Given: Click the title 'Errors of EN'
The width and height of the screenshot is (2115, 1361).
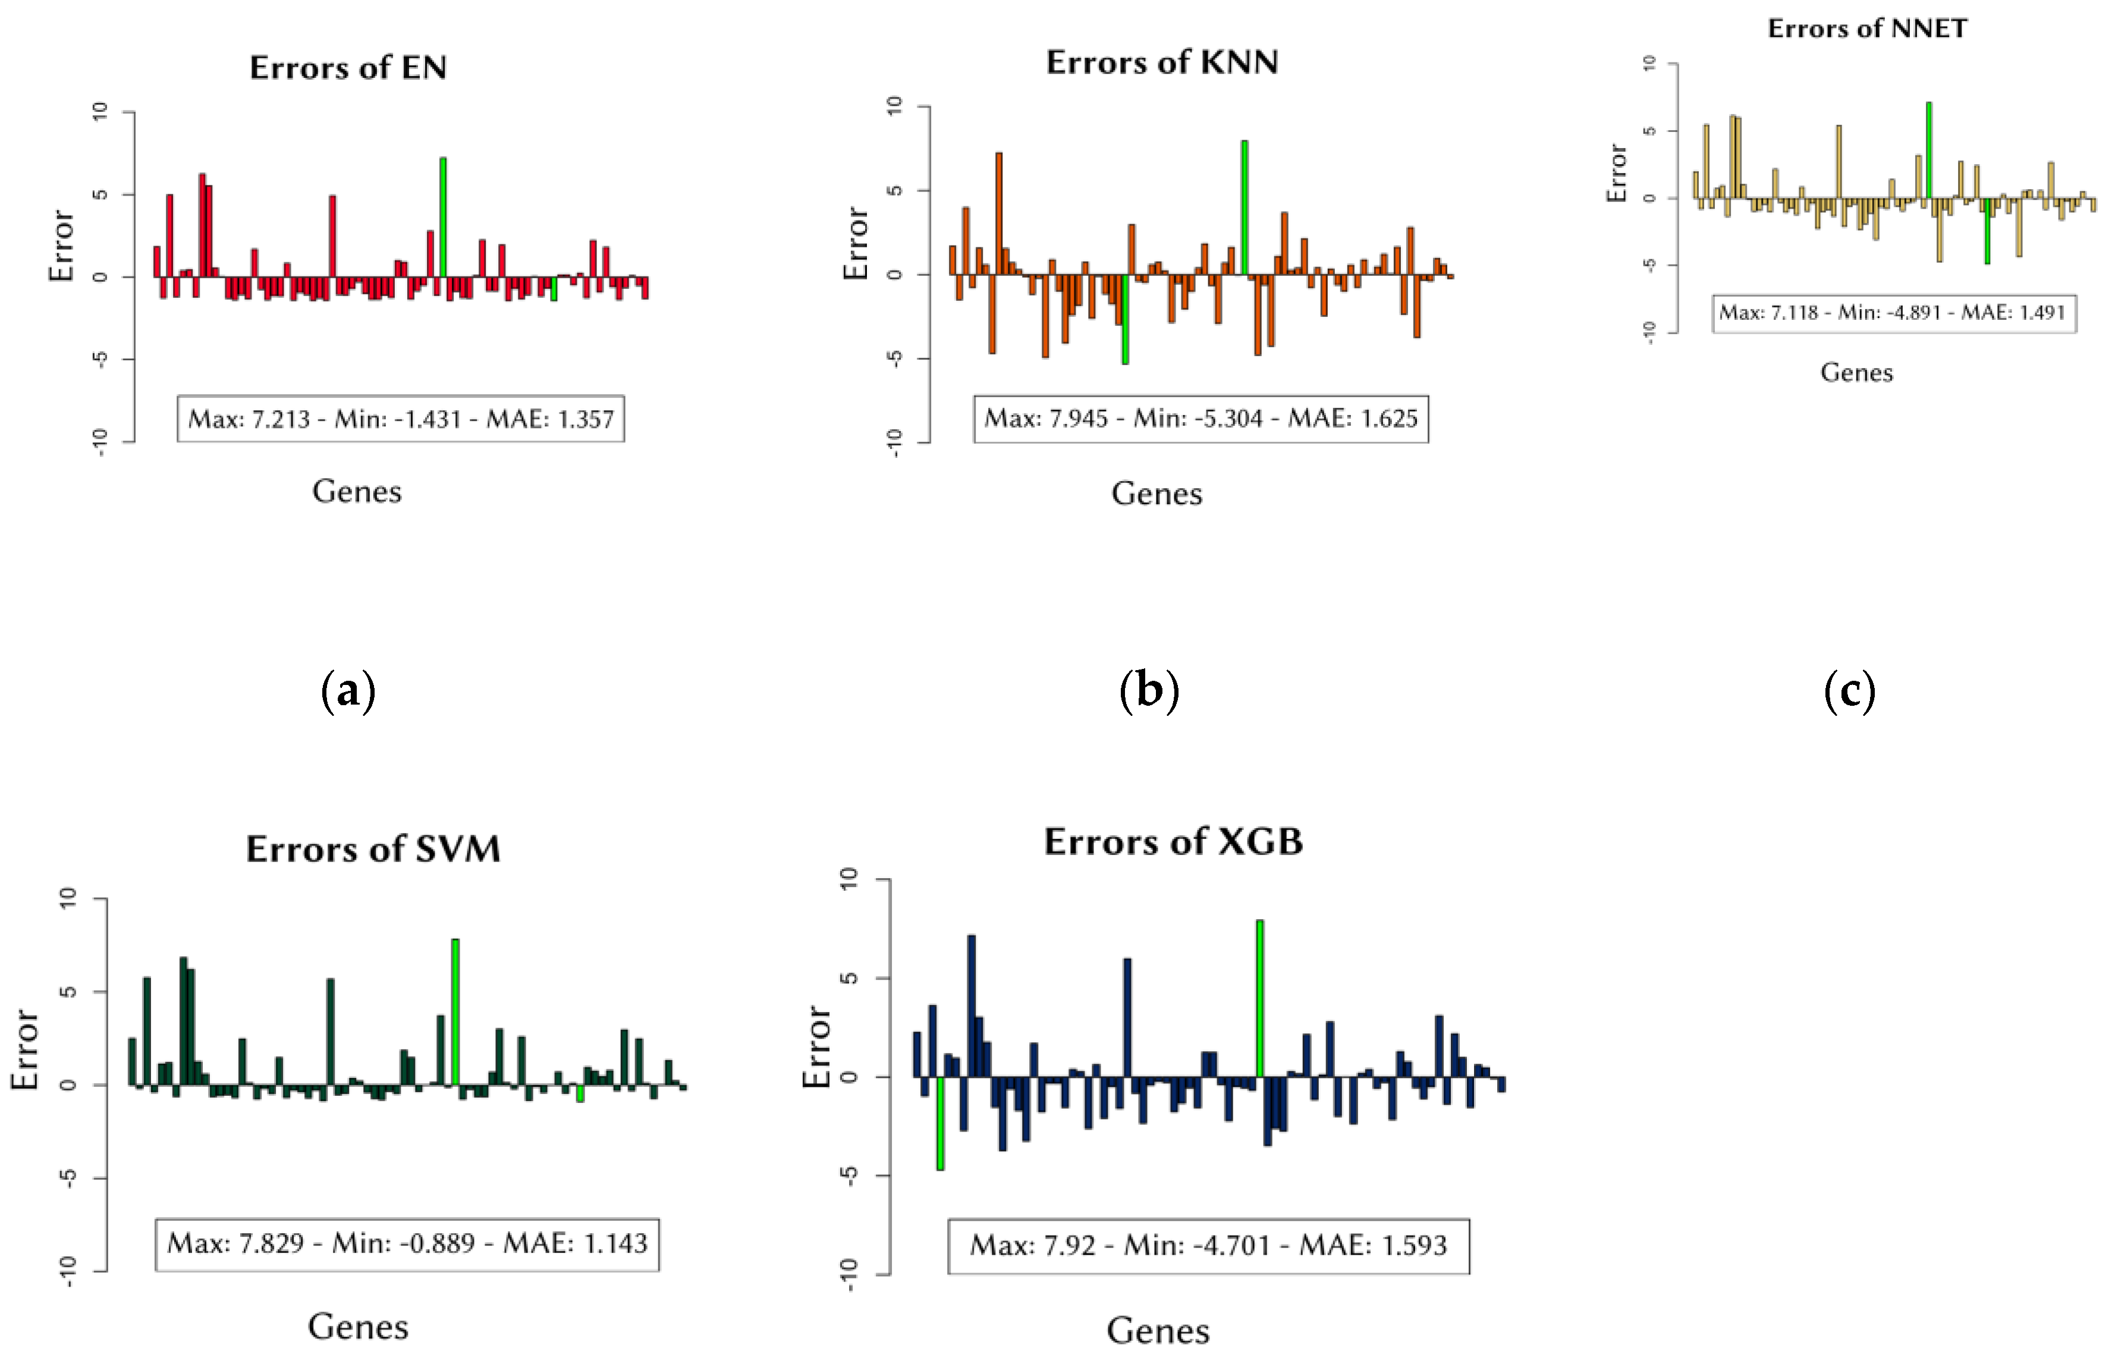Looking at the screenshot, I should (x=348, y=68).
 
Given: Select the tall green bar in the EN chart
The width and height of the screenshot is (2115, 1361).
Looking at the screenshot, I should (x=443, y=216).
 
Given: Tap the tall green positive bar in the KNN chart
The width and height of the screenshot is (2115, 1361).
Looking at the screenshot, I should (x=1245, y=208).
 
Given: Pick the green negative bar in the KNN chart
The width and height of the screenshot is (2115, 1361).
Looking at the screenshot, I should (x=1125, y=320).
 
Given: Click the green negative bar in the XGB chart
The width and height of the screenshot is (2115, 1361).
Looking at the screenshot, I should (x=941, y=1123).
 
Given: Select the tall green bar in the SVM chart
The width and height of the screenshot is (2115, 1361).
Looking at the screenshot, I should (x=455, y=1012).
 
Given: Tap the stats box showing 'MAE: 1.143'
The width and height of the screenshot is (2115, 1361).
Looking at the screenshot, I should (x=407, y=1244).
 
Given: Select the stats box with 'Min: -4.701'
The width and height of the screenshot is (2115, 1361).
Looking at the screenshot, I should (x=1208, y=1246).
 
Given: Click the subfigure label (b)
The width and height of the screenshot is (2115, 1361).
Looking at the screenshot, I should (x=1149, y=690).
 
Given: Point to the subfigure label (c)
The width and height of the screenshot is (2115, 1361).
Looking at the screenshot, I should (x=1849, y=690).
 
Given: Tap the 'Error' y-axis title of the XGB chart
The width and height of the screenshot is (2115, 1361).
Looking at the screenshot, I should (x=816, y=1046).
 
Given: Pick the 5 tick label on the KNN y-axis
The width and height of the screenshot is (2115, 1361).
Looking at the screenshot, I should (x=894, y=190).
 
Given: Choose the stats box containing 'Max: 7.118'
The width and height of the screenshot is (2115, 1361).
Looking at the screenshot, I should (x=1893, y=313).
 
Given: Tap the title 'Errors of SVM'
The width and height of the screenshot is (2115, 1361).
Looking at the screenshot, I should (x=373, y=849).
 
